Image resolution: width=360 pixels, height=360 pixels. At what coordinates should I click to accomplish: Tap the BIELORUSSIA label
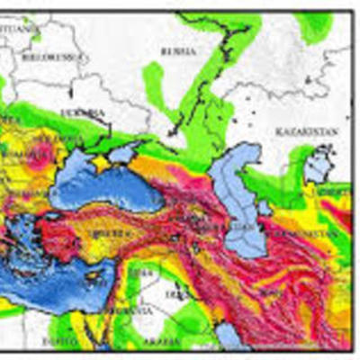point(62,56)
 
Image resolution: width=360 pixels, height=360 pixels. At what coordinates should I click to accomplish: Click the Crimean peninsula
point(104,163)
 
